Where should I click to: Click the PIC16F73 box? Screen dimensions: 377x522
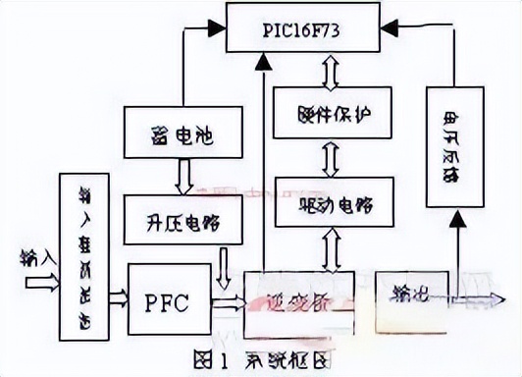pyautogui.click(x=301, y=27)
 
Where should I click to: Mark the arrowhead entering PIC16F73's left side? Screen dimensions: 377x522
pyautogui.click(x=215, y=29)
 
